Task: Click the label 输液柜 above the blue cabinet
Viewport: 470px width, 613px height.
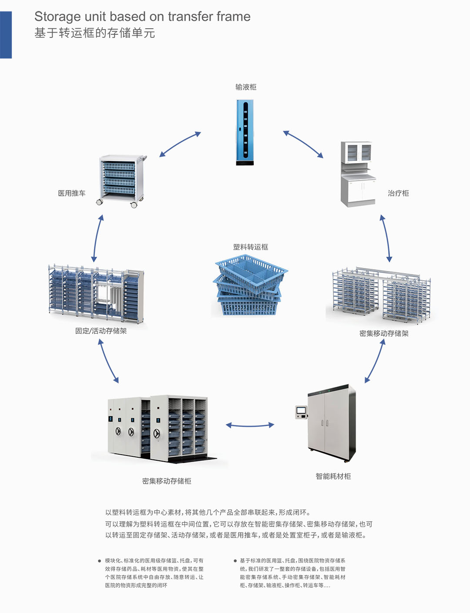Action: point(246,87)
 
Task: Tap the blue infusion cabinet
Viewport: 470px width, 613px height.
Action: point(245,132)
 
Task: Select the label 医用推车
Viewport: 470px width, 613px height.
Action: point(72,193)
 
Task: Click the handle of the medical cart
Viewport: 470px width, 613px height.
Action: point(144,158)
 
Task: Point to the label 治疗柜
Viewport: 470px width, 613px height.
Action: point(398,193)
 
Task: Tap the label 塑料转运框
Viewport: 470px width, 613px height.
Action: point(251,247)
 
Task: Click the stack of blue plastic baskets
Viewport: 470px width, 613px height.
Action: point(250,285)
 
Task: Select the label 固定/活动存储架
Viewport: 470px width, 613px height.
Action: point(101,331)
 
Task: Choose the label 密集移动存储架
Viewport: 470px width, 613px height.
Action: point(384,333)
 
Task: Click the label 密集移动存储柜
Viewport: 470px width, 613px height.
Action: point(167,481)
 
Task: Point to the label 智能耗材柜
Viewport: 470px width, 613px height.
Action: point(333,476)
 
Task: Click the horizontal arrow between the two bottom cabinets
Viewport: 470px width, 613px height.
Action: point(250,425)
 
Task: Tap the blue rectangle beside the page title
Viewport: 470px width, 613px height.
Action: point(6,35)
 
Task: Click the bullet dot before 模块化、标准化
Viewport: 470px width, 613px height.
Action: point(99,561)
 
